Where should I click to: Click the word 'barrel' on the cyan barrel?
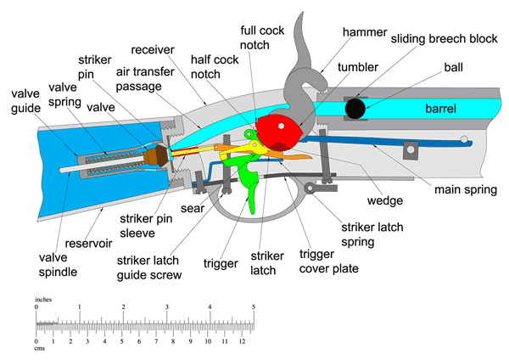pos(439,109)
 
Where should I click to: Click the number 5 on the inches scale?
pos(253,307)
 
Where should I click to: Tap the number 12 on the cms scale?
pos(241,341)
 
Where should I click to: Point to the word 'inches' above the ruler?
pos(43,299)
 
